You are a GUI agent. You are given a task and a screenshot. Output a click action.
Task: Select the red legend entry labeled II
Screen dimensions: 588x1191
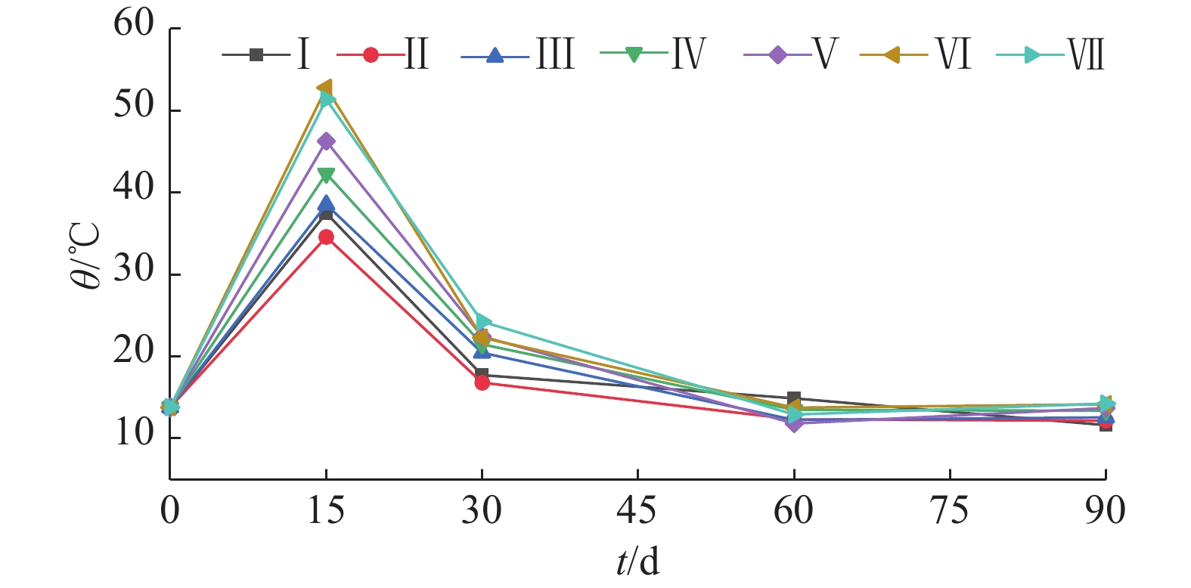pos(383,55)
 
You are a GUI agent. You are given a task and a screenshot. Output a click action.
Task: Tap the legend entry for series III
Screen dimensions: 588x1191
pos(517,55)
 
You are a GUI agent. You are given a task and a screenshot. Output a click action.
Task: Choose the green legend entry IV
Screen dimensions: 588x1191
pos(652,54)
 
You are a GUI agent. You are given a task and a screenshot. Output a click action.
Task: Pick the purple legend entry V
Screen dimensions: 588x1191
pos(790,55)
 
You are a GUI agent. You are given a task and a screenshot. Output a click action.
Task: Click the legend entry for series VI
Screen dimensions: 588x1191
pos(916,55)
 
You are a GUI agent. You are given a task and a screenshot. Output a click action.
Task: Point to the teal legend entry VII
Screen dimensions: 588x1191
pos(1050,55)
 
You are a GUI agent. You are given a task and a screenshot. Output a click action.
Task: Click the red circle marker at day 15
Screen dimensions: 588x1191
pos(326,237)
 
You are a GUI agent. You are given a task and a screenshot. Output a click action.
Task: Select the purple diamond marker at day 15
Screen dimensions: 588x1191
pos(326,141)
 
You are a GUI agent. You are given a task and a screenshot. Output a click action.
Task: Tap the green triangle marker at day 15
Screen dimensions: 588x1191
pos(326,175)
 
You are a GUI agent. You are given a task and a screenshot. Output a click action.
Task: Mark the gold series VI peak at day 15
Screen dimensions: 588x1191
pos(324,88)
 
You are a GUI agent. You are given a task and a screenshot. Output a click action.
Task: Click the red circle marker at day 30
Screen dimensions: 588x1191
pos(482,382)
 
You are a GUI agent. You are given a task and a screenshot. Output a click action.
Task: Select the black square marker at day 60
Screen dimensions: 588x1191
pos(794,398)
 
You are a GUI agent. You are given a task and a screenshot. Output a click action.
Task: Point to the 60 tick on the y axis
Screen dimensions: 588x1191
pos(134,24)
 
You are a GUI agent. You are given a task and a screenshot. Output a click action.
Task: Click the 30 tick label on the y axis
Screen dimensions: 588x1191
pos(134,270)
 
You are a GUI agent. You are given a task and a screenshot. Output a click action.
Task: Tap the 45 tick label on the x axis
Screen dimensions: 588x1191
pos(637,511)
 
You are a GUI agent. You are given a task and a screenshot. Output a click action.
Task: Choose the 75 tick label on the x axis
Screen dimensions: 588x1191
pos(949,511)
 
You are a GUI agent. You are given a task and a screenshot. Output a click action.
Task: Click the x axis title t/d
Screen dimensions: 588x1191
pos(637,562)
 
